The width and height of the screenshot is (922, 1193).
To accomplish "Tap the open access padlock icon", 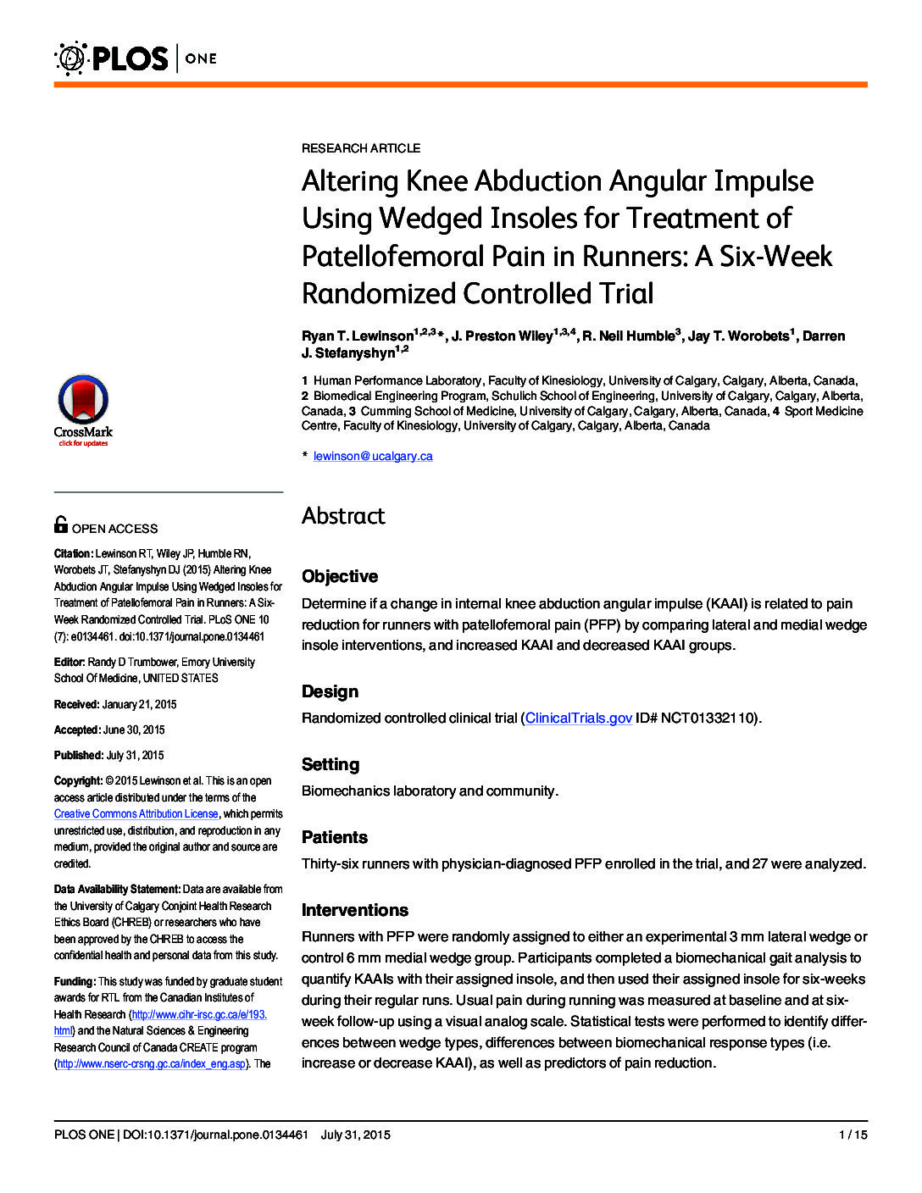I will [61, 525].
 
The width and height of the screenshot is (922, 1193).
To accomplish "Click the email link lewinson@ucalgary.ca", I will [373, 456].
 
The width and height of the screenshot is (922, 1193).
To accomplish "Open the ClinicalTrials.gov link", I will [578, 718].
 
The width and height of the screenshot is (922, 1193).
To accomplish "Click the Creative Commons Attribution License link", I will [136, 813].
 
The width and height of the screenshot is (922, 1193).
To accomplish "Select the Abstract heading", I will [343, 515].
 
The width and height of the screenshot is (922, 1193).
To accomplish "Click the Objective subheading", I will [340, 576].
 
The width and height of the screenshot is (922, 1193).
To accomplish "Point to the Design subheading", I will [330, 691].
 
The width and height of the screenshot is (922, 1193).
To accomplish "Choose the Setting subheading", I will [330, 764].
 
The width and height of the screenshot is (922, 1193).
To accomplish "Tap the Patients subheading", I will [335, 837].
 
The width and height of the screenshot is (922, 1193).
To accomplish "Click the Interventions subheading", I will [355, 910].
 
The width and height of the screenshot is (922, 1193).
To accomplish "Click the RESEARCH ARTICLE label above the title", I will [361, 148].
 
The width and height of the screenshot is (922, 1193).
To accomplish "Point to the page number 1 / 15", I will [853, 1135].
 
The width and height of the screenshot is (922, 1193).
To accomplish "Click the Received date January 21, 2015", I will [139, 704].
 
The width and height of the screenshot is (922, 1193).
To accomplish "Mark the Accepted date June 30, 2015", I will [133, 730].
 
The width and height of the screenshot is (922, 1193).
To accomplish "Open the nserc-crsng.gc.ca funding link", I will [151, 1063].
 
